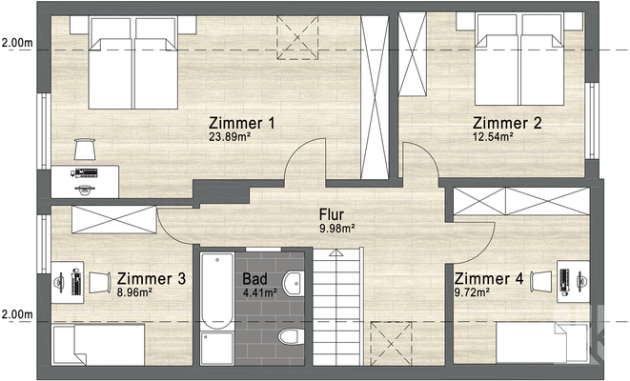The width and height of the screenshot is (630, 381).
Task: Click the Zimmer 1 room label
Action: [242, 123]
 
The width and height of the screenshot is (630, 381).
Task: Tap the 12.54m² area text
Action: [494, 137]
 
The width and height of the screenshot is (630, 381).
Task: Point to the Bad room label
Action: [255, 279]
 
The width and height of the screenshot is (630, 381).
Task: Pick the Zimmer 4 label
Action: [488, 278]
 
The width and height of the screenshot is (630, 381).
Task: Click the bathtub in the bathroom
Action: [216, 290]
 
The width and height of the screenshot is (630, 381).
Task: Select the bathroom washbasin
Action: [293, 281]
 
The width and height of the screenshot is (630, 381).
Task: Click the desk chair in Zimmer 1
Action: [86, 149]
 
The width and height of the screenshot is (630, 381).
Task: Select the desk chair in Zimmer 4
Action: [540, 279]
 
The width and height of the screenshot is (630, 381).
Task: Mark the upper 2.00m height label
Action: [16, 43]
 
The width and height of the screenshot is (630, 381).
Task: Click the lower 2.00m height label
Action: [16, 314]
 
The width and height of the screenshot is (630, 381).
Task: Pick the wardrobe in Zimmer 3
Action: [112, 218]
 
